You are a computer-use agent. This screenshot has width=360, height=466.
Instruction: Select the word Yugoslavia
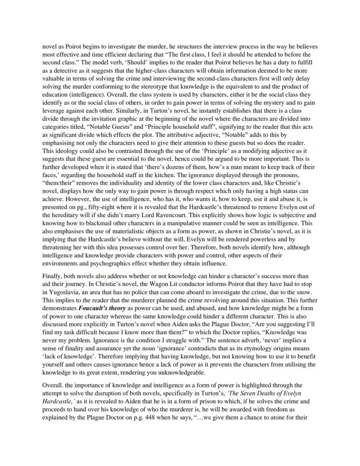[x=62, y=294]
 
